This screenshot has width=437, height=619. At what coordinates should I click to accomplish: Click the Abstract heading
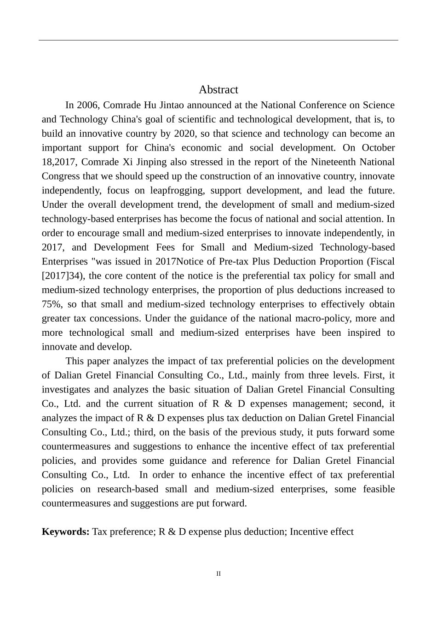(218, 90)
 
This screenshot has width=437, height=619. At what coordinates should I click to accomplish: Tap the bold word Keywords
(65, 532)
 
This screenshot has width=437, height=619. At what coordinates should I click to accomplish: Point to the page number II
(218, 574)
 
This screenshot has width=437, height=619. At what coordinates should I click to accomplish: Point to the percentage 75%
(52, 304)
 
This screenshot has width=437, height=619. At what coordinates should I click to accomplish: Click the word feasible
(379, 489)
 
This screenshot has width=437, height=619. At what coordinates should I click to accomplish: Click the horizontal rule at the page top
(218, 40)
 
